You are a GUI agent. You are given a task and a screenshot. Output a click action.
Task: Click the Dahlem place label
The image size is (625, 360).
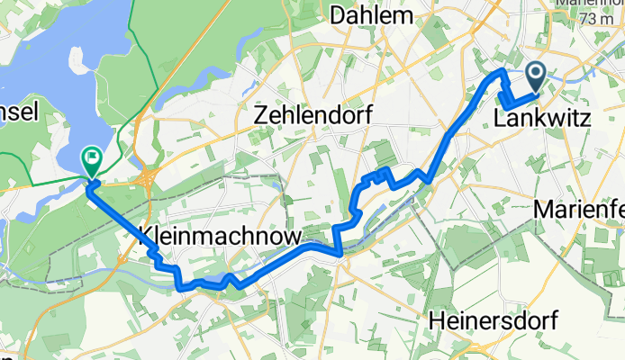[x=372, y=15]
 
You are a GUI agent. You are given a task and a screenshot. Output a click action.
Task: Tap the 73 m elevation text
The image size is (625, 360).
[x=601, y=19]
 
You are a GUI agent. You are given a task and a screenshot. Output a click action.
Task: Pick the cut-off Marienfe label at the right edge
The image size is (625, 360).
[x=579, y=209]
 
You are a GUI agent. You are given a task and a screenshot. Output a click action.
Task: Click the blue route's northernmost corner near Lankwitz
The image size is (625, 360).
[x=501, y=69]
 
